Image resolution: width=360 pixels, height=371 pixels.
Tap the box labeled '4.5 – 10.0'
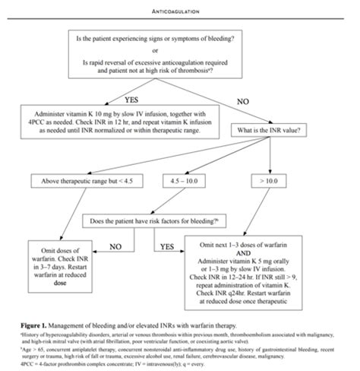pyautogui.click(x=194, y=181)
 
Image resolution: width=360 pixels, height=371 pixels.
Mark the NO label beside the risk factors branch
pyautogui.click(x=116, y=246)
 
